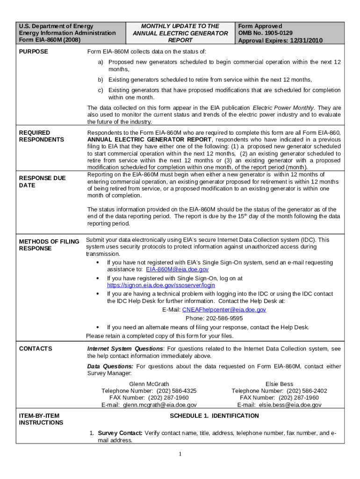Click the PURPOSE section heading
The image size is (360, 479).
(33, 51)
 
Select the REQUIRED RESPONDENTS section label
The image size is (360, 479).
(41, 136)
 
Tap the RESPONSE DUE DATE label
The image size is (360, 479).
(42, 181)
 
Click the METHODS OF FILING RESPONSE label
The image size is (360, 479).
(49, 245)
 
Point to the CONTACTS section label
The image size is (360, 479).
(36, 349)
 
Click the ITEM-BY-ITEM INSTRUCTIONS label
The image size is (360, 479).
(41, 419)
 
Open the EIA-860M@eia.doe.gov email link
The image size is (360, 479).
(177, 270)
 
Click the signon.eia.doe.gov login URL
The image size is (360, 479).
(161, 285)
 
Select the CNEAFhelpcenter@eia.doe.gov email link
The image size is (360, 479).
(224, 310)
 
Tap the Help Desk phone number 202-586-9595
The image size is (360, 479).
(214, 318)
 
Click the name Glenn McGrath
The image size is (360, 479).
(149, 384)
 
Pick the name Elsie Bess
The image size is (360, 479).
(279, 384)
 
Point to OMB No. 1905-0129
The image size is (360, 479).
(265, 33)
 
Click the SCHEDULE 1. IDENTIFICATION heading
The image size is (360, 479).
(214, 416)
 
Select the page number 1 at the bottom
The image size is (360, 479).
(180, 454)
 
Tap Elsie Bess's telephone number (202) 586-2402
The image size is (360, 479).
(307, 391)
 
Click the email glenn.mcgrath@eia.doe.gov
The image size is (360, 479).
(159, 405)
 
